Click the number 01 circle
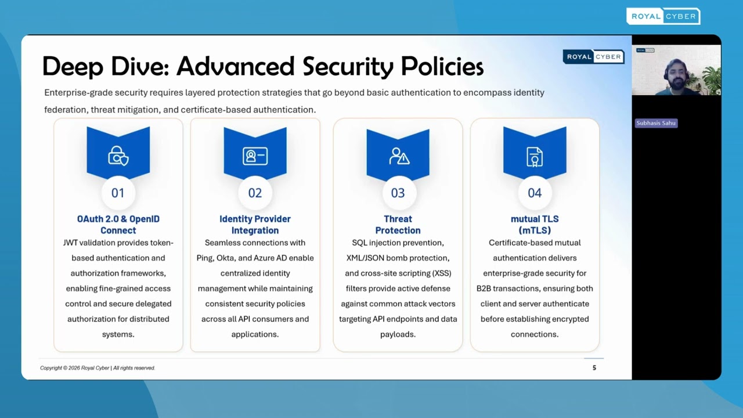click(x=118, y=193)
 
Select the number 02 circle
click(x=255, y=193)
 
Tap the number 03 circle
click(x=398, y=193)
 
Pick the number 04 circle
click(x=535, y=193)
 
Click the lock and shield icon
click(x=118, y=156)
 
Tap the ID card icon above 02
click(x=255, y=156)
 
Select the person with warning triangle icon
click(x=399, y=156)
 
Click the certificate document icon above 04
click(x=535, y=156)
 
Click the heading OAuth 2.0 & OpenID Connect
click(x=118, y=224)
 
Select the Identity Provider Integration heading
click(x=255, y=224)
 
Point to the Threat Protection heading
click(x=398, y=224)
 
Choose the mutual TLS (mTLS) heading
click(x=535, y=224)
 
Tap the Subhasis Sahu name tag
click(x=656, y=123)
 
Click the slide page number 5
click(x=594, y=367)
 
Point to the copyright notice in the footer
click(x=98, y=367)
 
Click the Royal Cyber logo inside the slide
click(x=593, y=56)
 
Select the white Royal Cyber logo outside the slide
click(x=663, y=16)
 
